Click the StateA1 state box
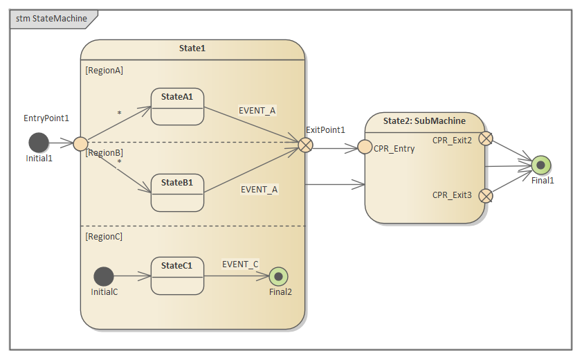point(177,106)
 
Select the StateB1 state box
point(177,192)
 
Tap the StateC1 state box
point(177,276)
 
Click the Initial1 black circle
point(39,143)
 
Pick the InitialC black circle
point(104,276)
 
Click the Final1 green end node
point(541,165)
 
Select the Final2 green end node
point(279,276)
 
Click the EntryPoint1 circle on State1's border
point(81,144)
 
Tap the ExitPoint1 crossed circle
point(305,144)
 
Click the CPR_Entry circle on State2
point(365,147)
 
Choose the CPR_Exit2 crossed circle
point(486,138)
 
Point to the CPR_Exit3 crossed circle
point(486,195)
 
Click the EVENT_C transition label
point(240,264)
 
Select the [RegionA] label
point(104,71)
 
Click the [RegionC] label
point(104,237)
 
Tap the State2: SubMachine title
point(424,121)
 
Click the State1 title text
point(192,48)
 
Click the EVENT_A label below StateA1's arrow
point(257,110)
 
